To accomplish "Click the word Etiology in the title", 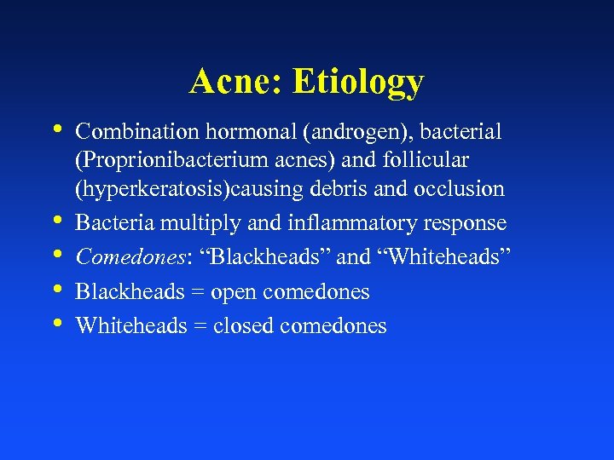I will tap(357, 82).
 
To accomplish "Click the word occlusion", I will tap(465, 188).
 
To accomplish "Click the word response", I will tap(464, 223).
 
